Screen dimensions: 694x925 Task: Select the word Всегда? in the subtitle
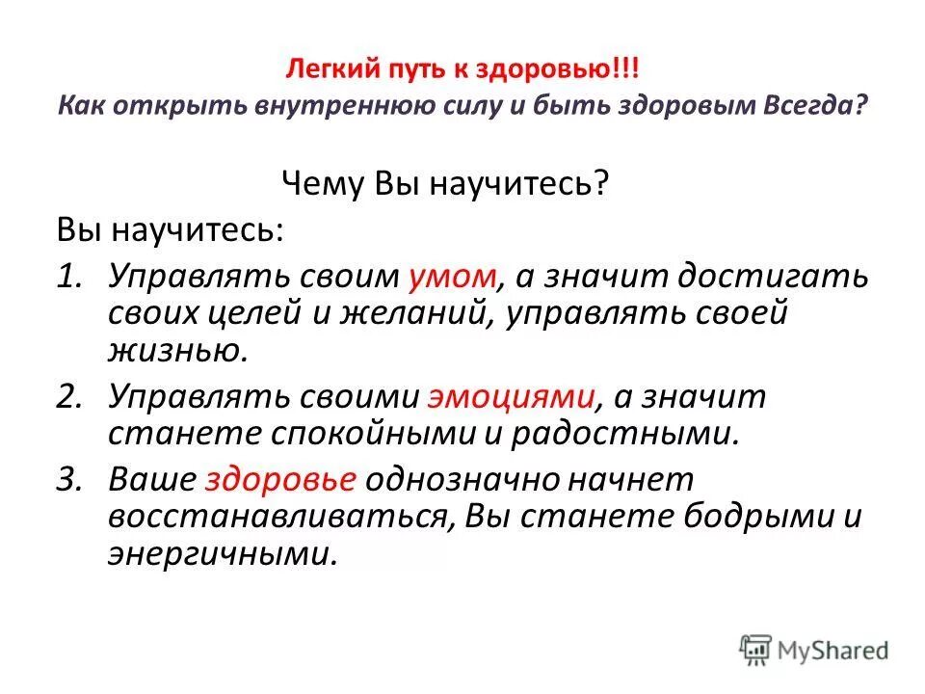click(816, 104)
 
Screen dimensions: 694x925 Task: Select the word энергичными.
click(223, 553)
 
